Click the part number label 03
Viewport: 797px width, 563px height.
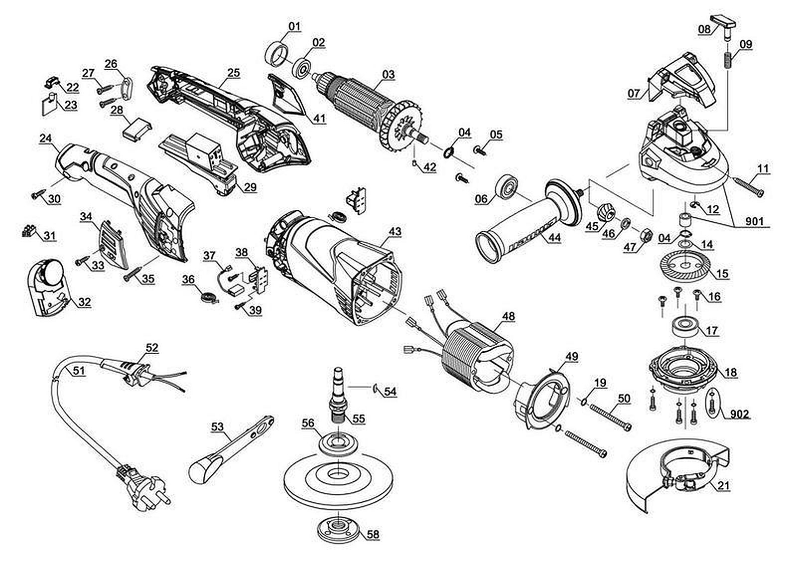pos(388,75)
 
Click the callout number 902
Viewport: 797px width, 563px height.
pos(739,414)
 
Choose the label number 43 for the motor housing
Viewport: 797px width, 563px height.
pos(395,232)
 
